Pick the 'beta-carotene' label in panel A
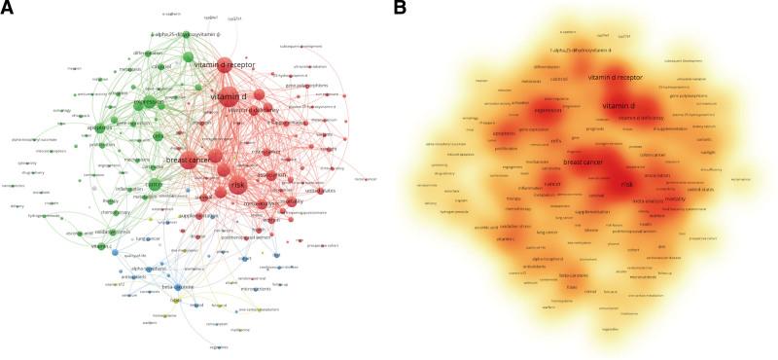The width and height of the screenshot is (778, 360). pos(178,287)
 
